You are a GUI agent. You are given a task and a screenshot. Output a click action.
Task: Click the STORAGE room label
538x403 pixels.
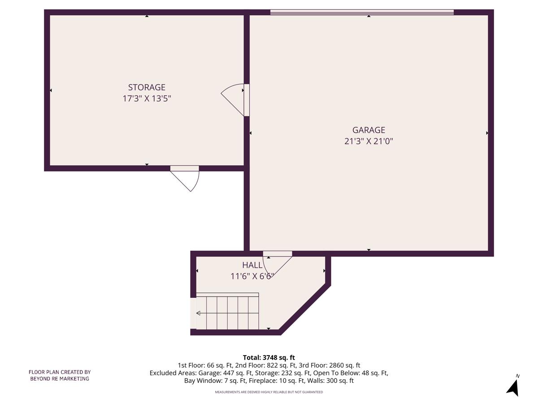tap(147, 87)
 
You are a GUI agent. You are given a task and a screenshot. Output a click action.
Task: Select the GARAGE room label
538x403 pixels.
tap(369, 130)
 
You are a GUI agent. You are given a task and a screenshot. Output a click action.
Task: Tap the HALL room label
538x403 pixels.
tap(252, 265)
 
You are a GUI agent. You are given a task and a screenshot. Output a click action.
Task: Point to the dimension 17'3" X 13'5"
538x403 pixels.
tap(147, 99)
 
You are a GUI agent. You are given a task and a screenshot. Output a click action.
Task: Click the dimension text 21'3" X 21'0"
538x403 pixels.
tap(369, 141)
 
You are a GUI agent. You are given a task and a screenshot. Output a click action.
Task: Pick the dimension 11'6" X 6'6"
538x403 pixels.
tap(252, 276)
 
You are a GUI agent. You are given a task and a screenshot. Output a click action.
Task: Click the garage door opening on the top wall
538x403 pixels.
tap(362, 13)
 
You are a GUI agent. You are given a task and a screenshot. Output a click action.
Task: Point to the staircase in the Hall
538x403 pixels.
tap(228, 311)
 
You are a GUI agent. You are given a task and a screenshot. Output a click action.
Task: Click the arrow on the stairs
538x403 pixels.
tap(199, 313)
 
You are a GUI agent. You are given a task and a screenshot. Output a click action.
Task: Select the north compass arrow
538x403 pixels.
tap(513, 387)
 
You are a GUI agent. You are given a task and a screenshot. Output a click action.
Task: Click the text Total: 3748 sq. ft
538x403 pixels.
tap(269, 357)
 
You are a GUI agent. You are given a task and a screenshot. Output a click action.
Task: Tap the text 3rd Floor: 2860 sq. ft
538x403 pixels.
tap(333, 365)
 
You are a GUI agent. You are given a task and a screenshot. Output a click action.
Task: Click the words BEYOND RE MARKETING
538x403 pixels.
tap(60, 379)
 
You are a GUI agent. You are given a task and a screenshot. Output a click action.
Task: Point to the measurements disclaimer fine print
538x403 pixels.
tap(269, 392)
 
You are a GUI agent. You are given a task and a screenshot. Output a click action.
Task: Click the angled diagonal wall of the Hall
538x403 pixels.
tap(305, 309)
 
